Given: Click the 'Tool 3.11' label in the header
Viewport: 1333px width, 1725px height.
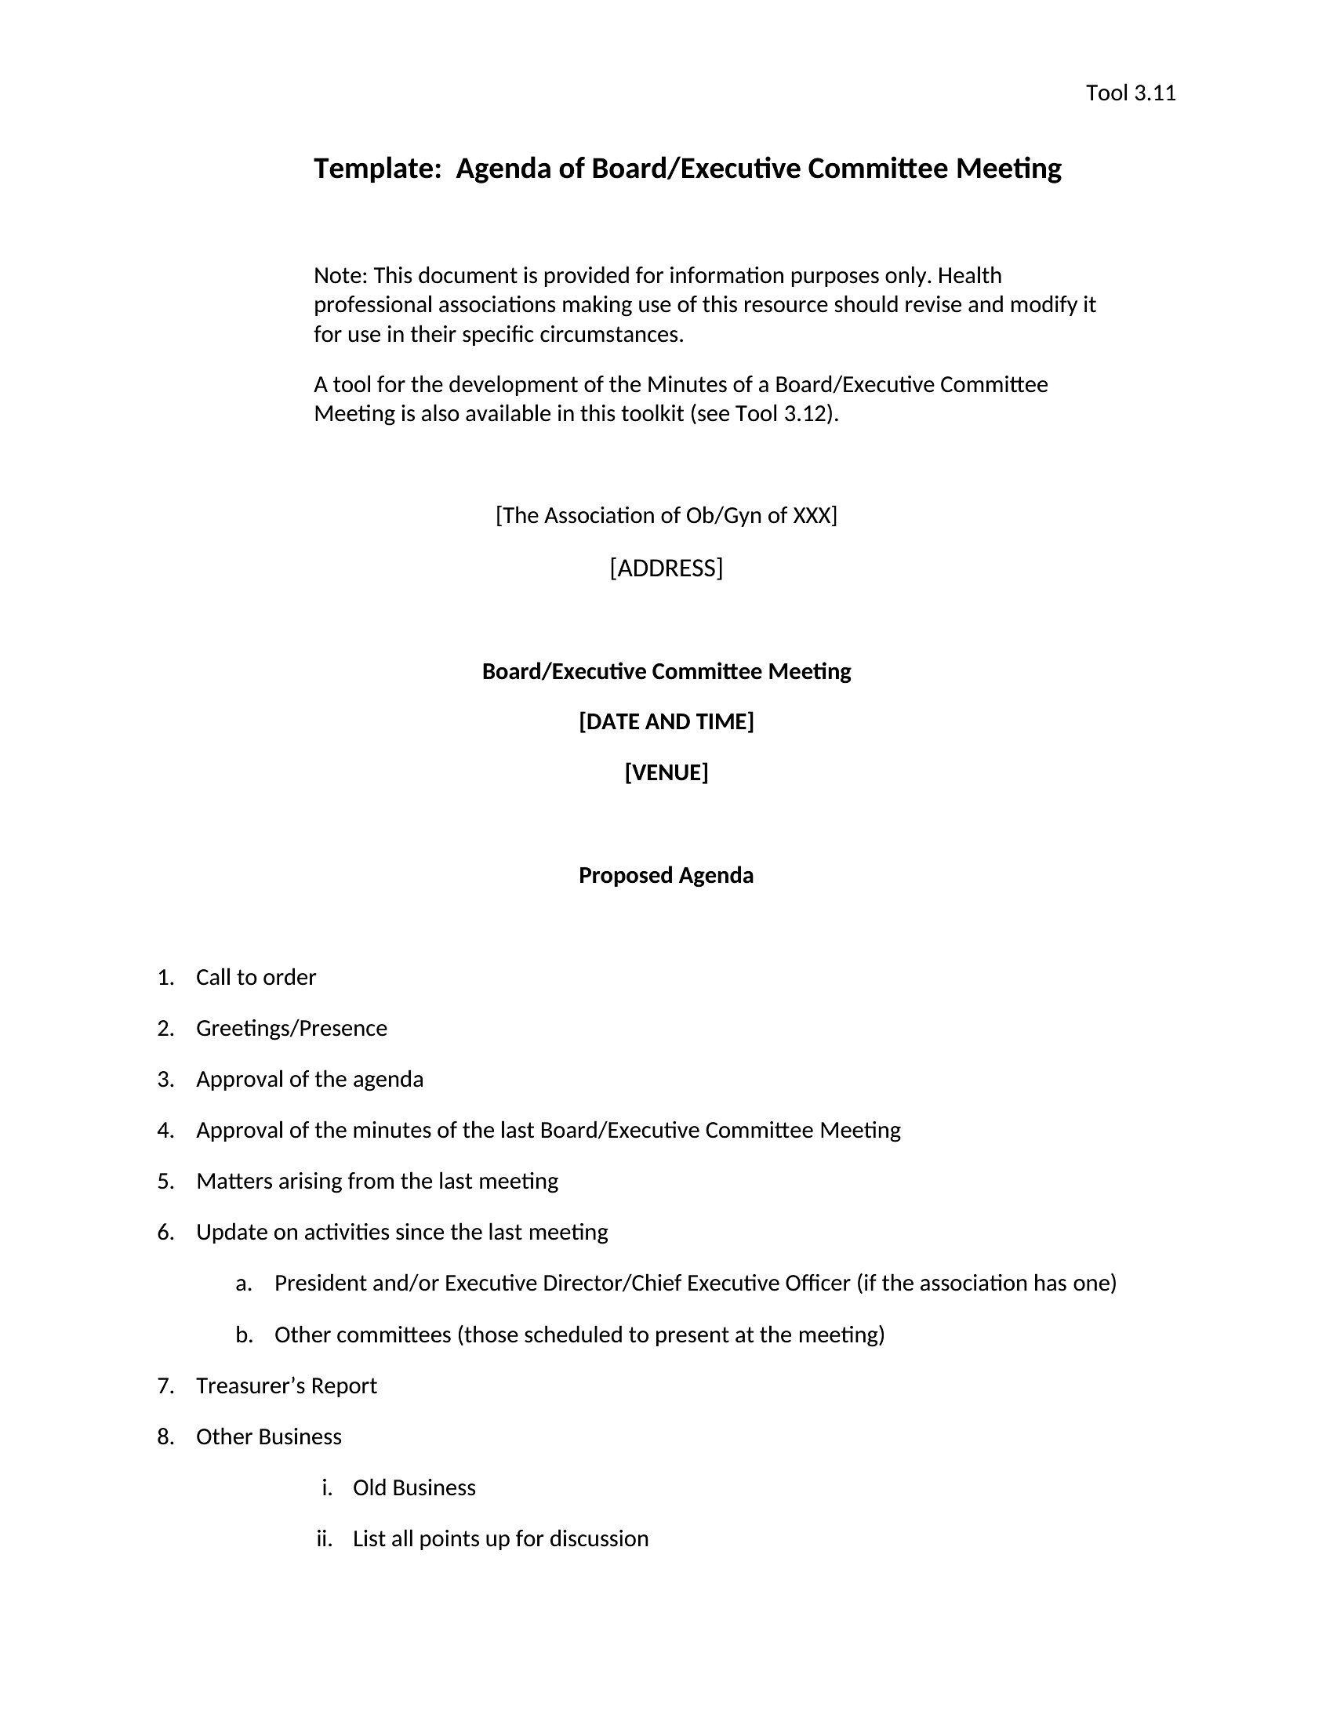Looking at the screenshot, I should click(1130, 93).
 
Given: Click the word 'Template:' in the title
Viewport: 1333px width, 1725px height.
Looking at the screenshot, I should click(376, 169).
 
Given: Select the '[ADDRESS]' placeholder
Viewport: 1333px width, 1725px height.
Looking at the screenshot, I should click(666, 568).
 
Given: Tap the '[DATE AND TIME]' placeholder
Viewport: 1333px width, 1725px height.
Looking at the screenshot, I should click(666, 721).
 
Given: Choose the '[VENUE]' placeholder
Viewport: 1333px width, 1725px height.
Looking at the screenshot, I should click(666, 772).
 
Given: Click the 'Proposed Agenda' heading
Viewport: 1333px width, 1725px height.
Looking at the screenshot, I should click(666, 875).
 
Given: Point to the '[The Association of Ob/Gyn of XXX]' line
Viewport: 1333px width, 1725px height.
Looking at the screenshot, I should click(666, 515).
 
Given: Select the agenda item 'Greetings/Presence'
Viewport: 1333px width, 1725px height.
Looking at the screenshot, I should click(292, 1029).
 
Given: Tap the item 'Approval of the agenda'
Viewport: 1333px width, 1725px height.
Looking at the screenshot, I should click(310, 1079).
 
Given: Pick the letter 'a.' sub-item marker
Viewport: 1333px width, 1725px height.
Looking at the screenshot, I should click(244, 1284).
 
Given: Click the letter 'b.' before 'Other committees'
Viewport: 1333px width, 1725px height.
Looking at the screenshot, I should click(244, 1335).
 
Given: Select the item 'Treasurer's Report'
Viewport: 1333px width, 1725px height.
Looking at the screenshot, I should click(286, 1385).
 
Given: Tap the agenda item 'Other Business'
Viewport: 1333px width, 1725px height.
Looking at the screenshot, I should click(268, 1436).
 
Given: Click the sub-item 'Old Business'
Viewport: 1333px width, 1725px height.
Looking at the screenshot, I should click(414, 1488).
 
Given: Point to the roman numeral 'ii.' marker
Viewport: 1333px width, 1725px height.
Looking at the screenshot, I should click(324, 1538).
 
